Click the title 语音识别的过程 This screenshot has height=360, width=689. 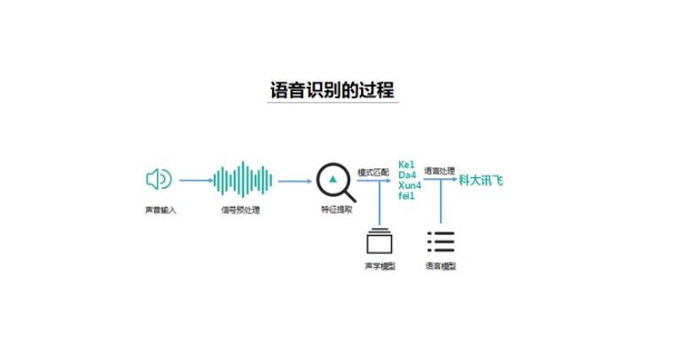pos(333,90)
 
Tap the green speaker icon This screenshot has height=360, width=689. pos(159,180)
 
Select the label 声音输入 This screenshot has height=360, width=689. pos(161,210)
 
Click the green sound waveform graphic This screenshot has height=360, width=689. pos(242,180)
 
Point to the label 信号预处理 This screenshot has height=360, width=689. pos(240,210)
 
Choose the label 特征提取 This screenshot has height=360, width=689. pos(336,211)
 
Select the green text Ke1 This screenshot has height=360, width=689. pos(406,164)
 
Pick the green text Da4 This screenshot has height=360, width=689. pos(407,175)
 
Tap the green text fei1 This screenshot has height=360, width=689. pos(406,195)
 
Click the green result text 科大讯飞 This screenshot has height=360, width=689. pos(481,180)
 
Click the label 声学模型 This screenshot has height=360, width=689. pos(380,265)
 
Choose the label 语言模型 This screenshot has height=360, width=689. pos(441,265)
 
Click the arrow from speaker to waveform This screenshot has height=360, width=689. pos(195,181)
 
